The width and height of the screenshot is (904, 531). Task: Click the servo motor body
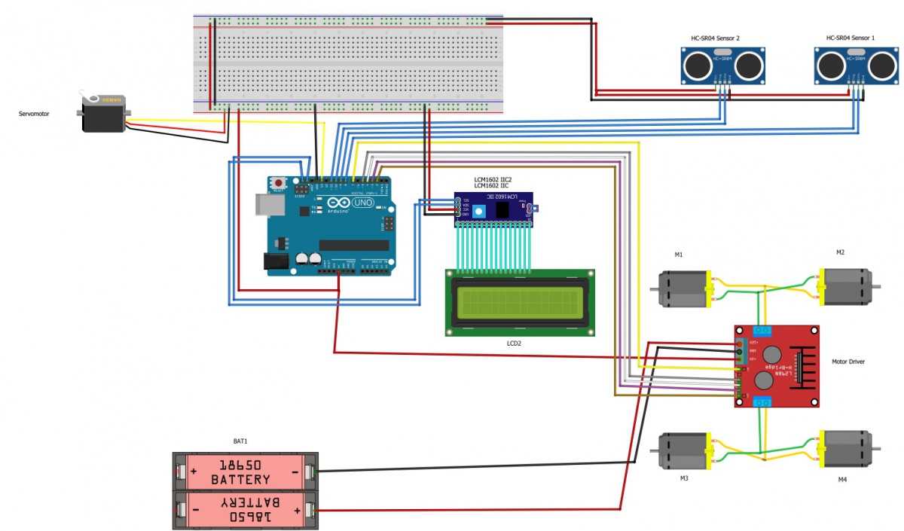click(104, 114)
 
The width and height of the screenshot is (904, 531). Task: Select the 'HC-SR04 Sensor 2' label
click(716, 38)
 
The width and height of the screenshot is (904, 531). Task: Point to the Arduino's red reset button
click(279, 183)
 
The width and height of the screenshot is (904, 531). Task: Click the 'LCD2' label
click(515, 343)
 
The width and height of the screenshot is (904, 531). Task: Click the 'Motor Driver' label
click(848, 362)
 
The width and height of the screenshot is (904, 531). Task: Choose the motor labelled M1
click(682, 289)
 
